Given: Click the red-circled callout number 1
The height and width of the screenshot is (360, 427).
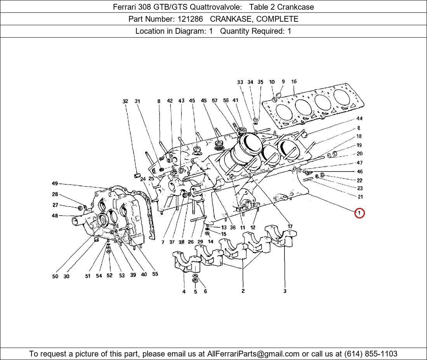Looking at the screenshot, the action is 359,213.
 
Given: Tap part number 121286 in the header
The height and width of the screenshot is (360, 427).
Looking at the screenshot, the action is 190,19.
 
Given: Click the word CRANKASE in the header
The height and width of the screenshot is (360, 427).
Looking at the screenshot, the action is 231,19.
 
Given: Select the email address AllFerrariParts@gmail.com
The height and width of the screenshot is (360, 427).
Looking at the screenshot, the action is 253,354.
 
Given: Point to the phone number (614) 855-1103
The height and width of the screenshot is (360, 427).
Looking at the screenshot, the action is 371,354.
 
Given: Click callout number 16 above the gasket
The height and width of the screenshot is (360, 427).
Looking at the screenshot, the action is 293,81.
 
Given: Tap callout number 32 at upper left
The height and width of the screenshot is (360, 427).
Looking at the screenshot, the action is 125,101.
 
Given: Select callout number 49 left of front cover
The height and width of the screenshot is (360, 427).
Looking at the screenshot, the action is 55,183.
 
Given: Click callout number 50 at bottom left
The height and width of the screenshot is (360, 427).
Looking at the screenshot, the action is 55,276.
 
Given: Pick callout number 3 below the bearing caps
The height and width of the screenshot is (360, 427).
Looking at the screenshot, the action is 285,291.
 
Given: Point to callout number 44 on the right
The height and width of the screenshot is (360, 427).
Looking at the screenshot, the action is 359,118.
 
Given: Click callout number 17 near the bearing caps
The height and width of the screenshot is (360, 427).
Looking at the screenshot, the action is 290,226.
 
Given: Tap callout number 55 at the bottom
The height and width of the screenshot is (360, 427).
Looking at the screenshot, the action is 155,274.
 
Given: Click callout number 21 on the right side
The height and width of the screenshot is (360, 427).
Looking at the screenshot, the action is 360,197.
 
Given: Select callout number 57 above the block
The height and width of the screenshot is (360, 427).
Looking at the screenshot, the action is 215,101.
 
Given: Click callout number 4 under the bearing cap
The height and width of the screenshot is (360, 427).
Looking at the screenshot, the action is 184,291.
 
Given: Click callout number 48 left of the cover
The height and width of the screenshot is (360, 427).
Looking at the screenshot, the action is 55,216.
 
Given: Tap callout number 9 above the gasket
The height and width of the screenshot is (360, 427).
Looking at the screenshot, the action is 283,81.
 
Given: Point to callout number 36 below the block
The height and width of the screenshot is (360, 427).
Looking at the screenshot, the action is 233,227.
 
